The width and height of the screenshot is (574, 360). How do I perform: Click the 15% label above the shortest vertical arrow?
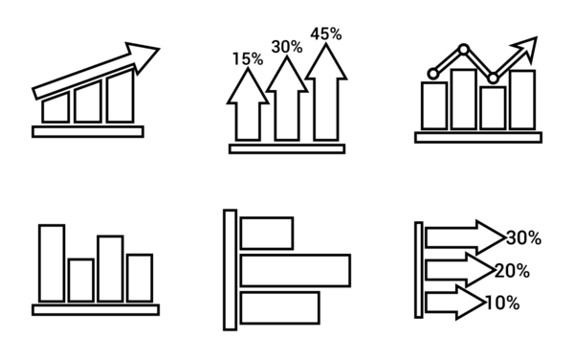click(x=248, y=59)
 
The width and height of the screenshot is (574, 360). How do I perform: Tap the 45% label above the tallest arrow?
click(x=326, y=34)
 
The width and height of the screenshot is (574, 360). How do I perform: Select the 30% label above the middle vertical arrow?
click(x=287, y=47)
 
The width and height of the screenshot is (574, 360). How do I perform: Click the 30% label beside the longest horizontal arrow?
click(x=524, y=238)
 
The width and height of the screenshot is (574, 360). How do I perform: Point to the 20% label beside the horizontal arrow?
click(x=512, y=271)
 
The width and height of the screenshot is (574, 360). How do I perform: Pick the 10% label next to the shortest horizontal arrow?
click(x=502, y=304)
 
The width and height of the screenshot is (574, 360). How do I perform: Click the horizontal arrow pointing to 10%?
click(x=455, y=303)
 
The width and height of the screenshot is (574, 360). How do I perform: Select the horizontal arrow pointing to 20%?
click(x=460, y=270)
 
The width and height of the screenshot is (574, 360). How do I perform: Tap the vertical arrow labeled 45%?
click(x=326, y=92)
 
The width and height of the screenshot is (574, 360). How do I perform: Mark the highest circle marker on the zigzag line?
click(x=464, y=49)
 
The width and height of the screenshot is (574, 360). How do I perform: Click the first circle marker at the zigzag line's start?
click(x=433, y=74)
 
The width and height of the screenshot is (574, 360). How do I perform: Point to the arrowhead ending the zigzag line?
click(x=526, y=48)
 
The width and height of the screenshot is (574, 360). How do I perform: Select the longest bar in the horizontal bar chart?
click(x=296, y=270)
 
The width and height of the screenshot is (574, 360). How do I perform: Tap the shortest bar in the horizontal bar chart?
click(x=267, y=234)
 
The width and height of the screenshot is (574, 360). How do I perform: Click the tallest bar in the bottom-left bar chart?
click(x=52, y=263)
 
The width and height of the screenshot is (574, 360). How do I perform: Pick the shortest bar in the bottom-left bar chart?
click(x=81, y=281)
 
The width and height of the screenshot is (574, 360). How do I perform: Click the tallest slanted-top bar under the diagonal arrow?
click(x=121, y=96)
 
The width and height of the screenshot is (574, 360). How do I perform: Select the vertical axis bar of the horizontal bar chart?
click(x=231, y=270)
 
